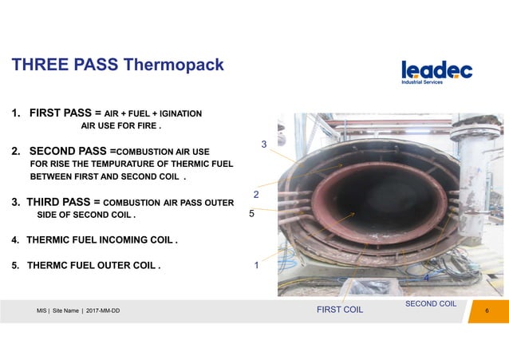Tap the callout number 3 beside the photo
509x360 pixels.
coord(264,144)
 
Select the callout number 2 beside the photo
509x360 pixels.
coord(256,195)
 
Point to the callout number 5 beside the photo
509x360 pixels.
coord(251,214)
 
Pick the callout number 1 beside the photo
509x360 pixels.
coord(256,266)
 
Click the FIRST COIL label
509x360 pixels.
coord(339,311)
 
